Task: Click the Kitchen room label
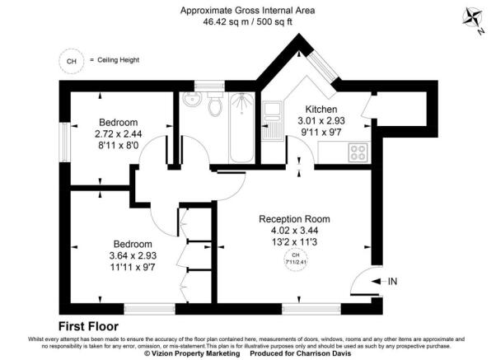[x=321, y=110]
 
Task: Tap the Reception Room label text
[x=294, y=218]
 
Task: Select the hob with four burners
[x=359, y=152]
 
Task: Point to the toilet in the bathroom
[x=215, y=105]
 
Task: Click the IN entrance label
[x=392, y=282]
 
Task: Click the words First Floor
[x=90, y=325]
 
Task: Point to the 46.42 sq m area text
[x=222, y=24]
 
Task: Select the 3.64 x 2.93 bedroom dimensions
[x=132, y=256]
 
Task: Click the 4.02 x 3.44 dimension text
[x=294, y=231]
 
